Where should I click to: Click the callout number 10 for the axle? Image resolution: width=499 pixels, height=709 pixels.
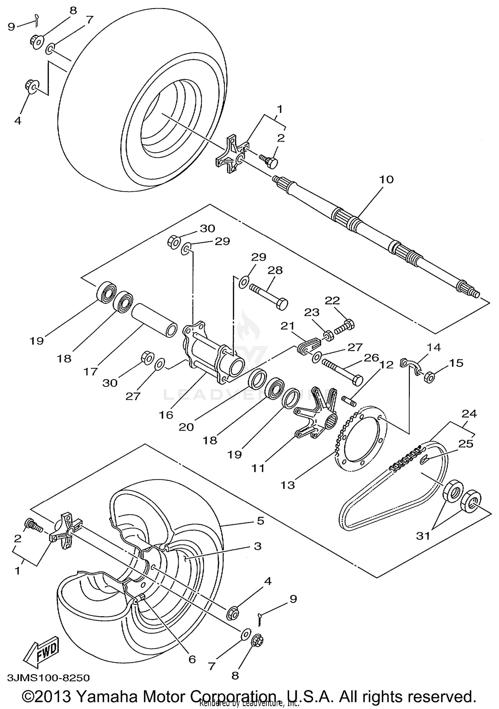click(x=386, y=180)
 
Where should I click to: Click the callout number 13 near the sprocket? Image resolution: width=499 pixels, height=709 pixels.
click(x=287, y=485)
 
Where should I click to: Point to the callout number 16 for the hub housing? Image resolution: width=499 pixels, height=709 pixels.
click(x=166, y=415)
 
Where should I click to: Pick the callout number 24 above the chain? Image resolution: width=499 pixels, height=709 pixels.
click(x=469, y=414)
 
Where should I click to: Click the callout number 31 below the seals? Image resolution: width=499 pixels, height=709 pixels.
click(x=423, y=536)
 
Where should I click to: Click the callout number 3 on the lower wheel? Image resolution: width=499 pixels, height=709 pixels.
click(x=257, y=546)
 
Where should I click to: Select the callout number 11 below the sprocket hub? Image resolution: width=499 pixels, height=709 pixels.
click(x=258, y=468)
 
